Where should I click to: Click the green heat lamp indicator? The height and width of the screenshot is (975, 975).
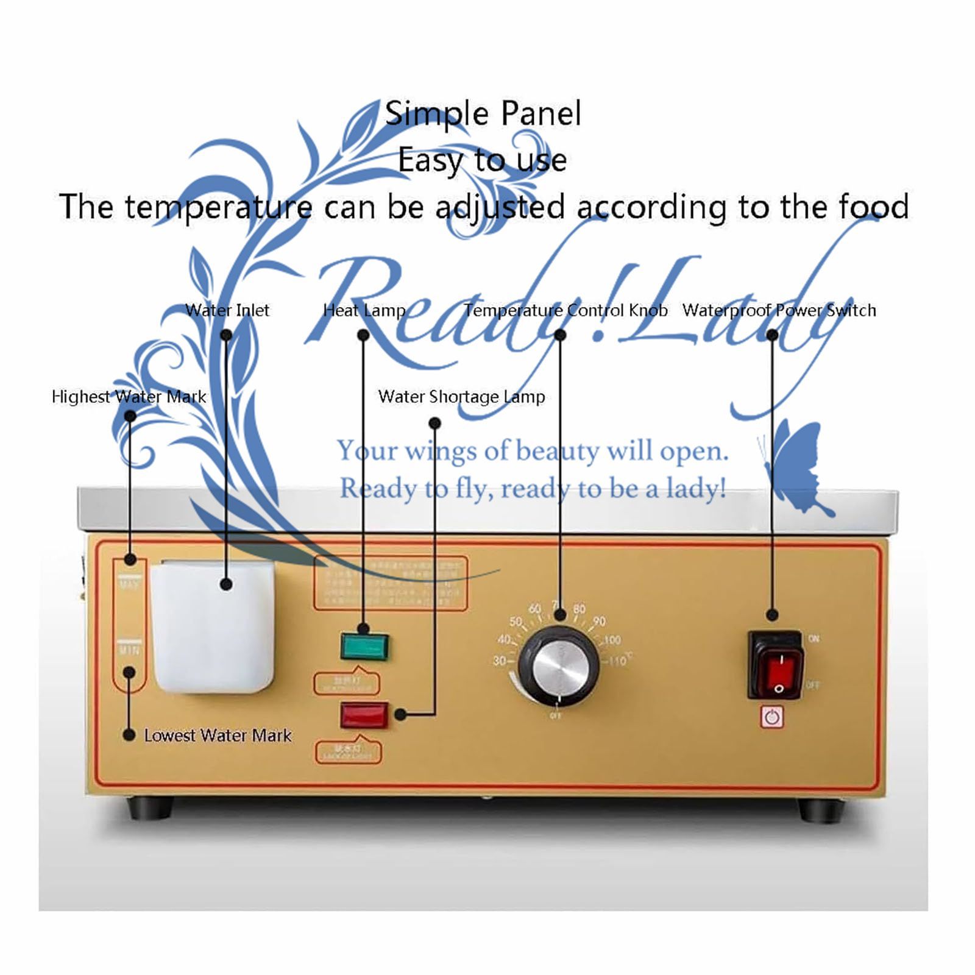[x=364, y=647]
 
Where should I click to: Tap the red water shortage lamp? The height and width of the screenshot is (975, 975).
[x=364, y=715]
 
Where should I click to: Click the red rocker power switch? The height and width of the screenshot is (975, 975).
[x=776, y=665]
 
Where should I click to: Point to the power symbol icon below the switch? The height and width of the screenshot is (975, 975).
[x=772, y=717]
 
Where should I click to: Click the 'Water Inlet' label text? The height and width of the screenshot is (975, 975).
[x=227, y=310]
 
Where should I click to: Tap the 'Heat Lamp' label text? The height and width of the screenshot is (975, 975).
[x=364, y=310]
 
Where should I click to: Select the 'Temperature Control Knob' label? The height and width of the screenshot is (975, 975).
[x=565, y=310]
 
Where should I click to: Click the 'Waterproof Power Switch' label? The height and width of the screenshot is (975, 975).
[x=779, y=310]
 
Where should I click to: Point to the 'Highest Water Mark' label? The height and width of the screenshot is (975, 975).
[x=129, y=397]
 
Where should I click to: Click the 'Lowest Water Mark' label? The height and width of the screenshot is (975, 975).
[x=218, y=736]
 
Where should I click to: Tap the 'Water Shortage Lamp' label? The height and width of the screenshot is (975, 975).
[x=461, y=397]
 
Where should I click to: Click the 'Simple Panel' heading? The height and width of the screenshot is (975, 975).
[x=483, y=113]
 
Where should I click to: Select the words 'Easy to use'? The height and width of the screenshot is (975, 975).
[x=482, y=160]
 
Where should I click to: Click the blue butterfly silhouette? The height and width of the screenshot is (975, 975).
[x=795, y=466]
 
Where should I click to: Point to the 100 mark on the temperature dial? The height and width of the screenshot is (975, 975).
[x=612, y=640]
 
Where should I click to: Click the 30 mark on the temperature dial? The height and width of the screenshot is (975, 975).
[x=499, y=661]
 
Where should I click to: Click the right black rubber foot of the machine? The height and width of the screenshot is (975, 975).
[x=821, y=810]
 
